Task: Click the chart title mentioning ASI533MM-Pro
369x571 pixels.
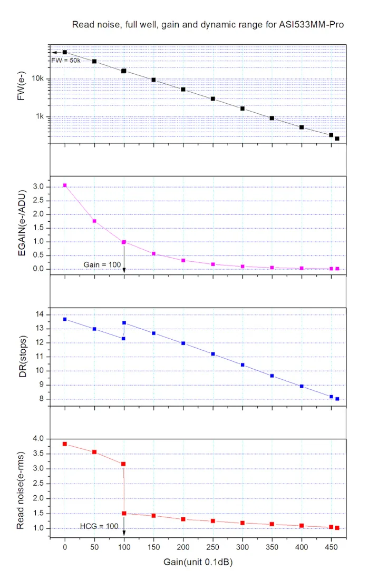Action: [x=208, y=25]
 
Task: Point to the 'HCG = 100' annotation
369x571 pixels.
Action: [x=99, y=526]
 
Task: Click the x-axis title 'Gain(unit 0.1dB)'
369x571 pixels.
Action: [x=197, y=562]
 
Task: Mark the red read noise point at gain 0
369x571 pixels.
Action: [x=65, y=444]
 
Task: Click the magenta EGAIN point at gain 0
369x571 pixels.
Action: [x=65, y=185]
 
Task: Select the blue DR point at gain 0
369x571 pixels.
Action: [x=65, y=319]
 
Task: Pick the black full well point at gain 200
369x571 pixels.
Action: [x=183, y=90]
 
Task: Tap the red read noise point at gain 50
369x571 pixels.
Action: [x=94, y=452]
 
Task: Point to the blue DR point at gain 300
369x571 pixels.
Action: [x=242, y=365]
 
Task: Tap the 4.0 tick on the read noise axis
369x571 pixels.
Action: [x=38, y=439]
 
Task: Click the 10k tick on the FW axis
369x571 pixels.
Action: [x=38, y=79]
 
